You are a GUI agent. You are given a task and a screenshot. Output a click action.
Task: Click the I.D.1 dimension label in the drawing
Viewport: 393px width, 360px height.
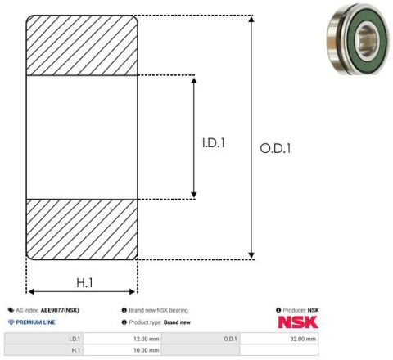click(x=214, y=143)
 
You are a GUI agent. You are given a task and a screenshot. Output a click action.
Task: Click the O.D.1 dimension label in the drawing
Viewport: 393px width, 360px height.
click(x=275, y=149)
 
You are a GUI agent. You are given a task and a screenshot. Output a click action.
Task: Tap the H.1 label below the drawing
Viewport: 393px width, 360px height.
click(x=84, y=283)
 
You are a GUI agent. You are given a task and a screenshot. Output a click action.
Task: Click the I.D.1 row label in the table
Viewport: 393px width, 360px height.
click(x=75, y=339)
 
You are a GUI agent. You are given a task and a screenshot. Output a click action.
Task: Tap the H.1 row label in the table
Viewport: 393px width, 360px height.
click(x=75, y=350)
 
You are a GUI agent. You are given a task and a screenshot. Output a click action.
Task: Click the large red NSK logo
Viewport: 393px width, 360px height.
click(x=298, y=322)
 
